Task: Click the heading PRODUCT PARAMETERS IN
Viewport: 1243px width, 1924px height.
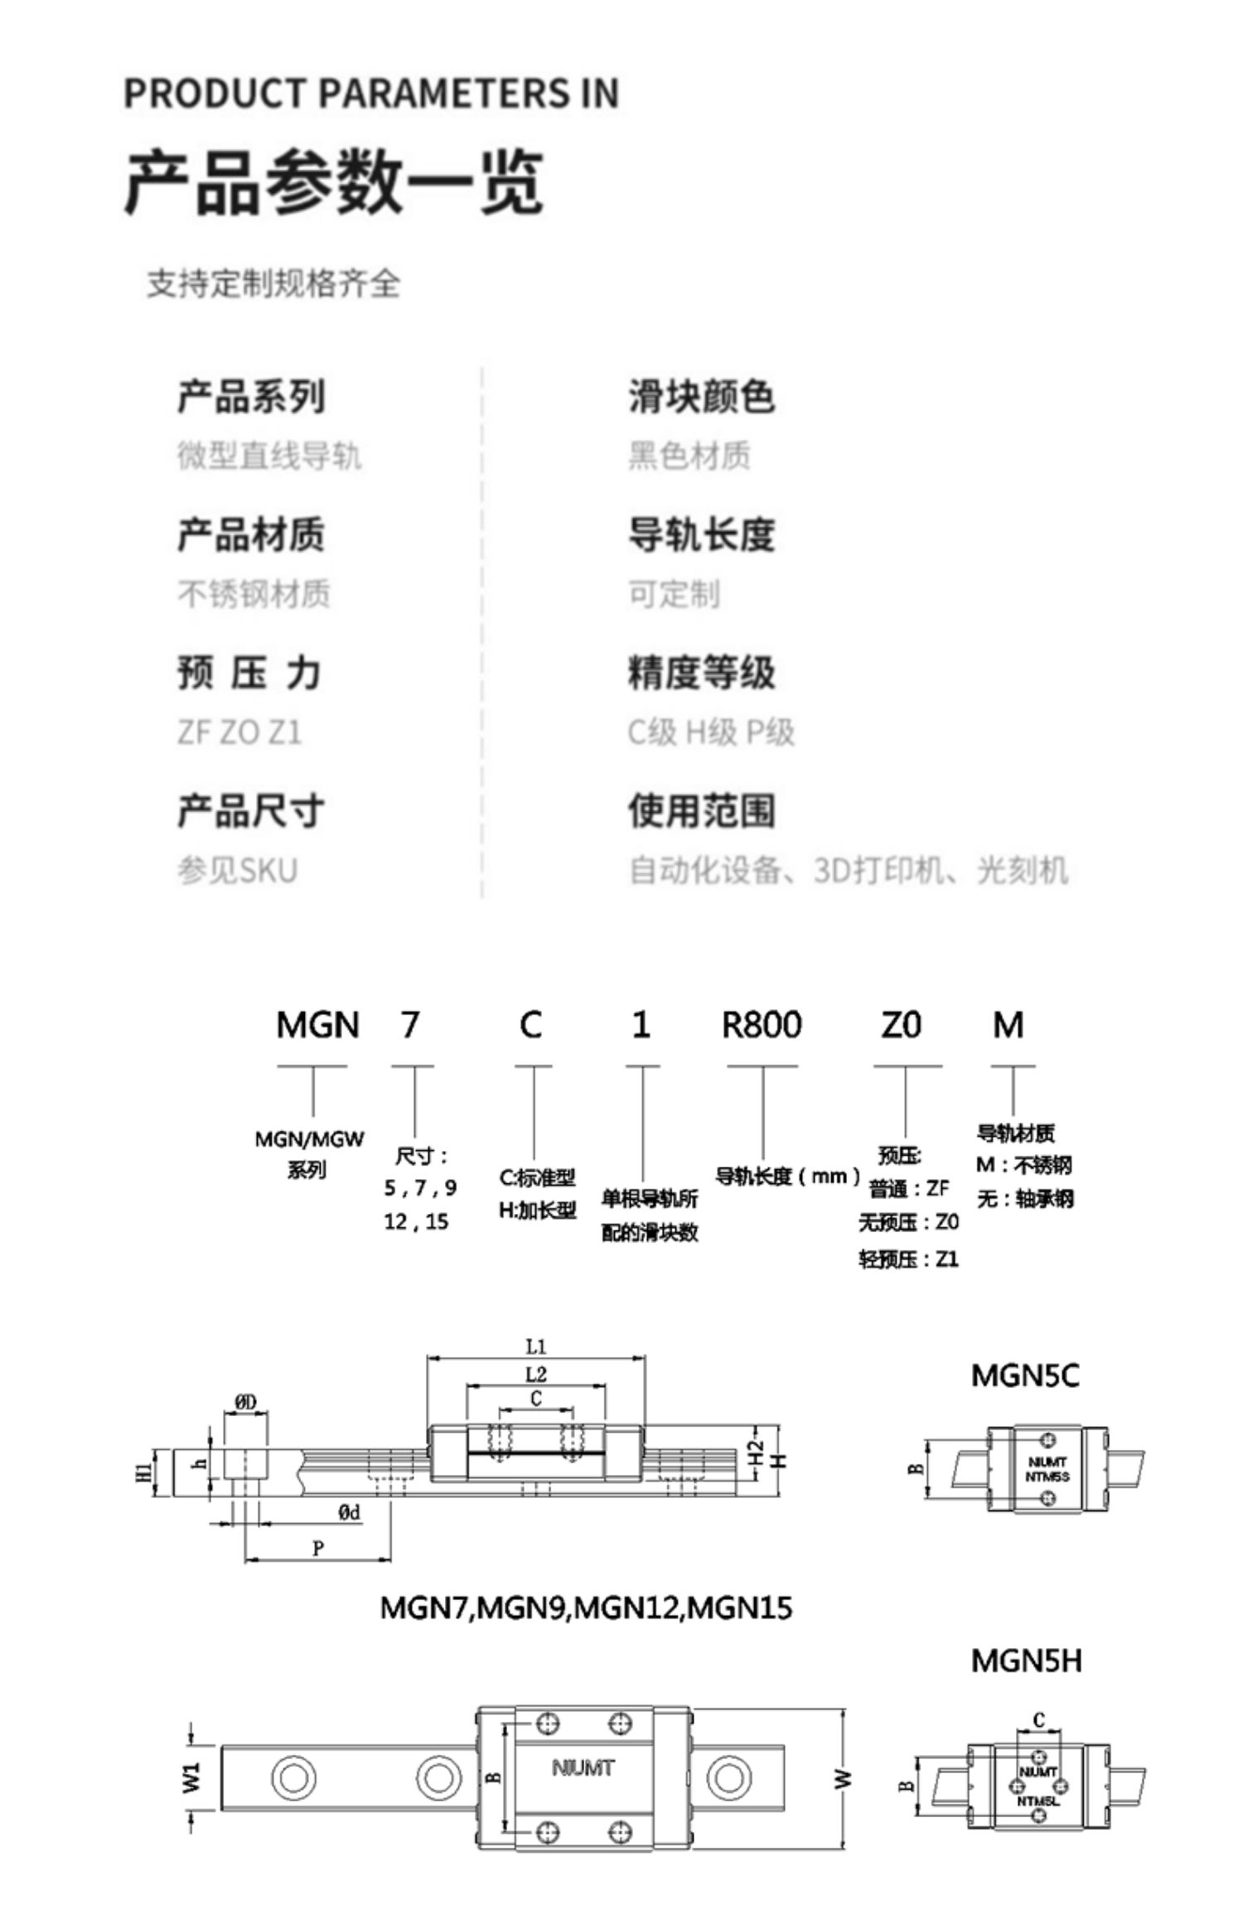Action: coord(371,93)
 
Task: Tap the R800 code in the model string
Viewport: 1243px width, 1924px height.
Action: coord(762,1026)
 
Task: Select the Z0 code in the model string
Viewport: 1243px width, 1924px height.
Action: coord(901,1026)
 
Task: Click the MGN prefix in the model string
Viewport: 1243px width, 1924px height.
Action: coord(317,1026)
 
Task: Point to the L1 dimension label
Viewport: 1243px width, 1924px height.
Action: coord(536,1346)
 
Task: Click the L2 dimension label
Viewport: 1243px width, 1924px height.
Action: coord(536,1375)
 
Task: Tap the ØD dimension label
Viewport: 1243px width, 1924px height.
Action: coord(246,1402)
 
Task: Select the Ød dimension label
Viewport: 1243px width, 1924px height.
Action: coord(350,1513)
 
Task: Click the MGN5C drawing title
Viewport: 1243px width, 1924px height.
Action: coord(1025,1376)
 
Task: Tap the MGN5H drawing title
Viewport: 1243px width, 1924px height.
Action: coord(1026,1661)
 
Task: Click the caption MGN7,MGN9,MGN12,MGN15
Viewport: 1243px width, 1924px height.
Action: coord(586,1608)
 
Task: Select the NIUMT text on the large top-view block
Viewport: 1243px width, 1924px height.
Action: coord(583,1768)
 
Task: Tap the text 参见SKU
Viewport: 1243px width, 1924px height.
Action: coord(237,871)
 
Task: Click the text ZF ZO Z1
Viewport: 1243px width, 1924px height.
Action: coord(239,732)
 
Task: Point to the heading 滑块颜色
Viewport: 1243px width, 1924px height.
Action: coord(701,396)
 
